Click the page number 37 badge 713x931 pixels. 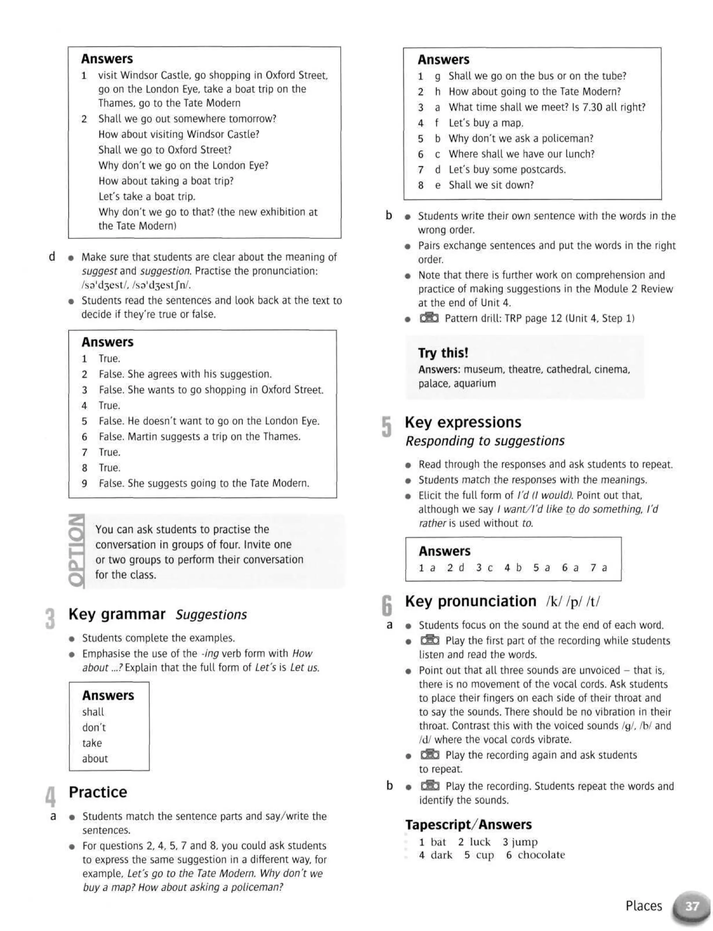pos(692,906)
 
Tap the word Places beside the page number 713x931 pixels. pos(643,906)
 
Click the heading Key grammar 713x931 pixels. pos(117,614)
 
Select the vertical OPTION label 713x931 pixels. pos(76,551)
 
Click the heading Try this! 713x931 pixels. pos(443,353)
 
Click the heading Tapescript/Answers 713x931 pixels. pos(468,824)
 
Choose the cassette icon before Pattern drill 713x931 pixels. pos(429,318)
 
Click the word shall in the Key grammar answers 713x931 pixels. pos(93,712)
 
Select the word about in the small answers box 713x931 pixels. pos(95,758)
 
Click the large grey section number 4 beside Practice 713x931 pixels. pos(50,796)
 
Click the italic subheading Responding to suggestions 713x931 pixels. pos(485,441)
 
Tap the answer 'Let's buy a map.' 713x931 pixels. pos(486,123)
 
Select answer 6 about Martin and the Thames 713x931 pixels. pos(199,437)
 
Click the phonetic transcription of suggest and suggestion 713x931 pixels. pos(136,285)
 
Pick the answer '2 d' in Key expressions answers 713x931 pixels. pos(456,568)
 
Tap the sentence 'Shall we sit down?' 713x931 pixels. pos(491,185)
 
